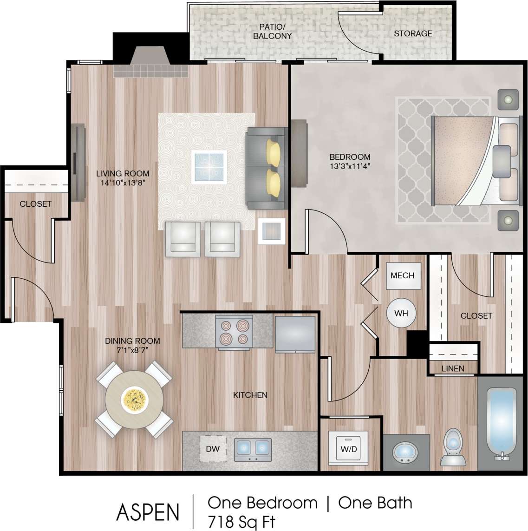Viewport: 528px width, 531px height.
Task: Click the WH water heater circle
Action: pos(401,313)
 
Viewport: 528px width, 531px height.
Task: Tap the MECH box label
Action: pos(402,275)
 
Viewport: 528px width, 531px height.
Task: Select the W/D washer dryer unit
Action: pos(349,449)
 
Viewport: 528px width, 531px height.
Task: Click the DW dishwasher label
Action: pos(213,449)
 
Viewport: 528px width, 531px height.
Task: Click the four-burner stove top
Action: pos(234,332)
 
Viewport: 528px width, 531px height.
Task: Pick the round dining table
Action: pos(135,399)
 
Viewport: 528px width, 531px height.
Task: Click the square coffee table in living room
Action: pos(209,167)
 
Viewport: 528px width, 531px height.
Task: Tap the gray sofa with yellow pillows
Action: pos(265,168)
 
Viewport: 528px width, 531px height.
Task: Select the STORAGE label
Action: pos(413,33)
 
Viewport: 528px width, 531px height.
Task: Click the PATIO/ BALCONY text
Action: pos(272,32)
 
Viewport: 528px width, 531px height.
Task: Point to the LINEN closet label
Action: pos(453,368)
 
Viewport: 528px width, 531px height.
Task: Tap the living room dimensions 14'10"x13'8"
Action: pos(123,183)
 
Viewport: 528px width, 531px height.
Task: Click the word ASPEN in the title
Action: pos(148,512)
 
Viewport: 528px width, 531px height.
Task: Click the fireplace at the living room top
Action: pos(150,63)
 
